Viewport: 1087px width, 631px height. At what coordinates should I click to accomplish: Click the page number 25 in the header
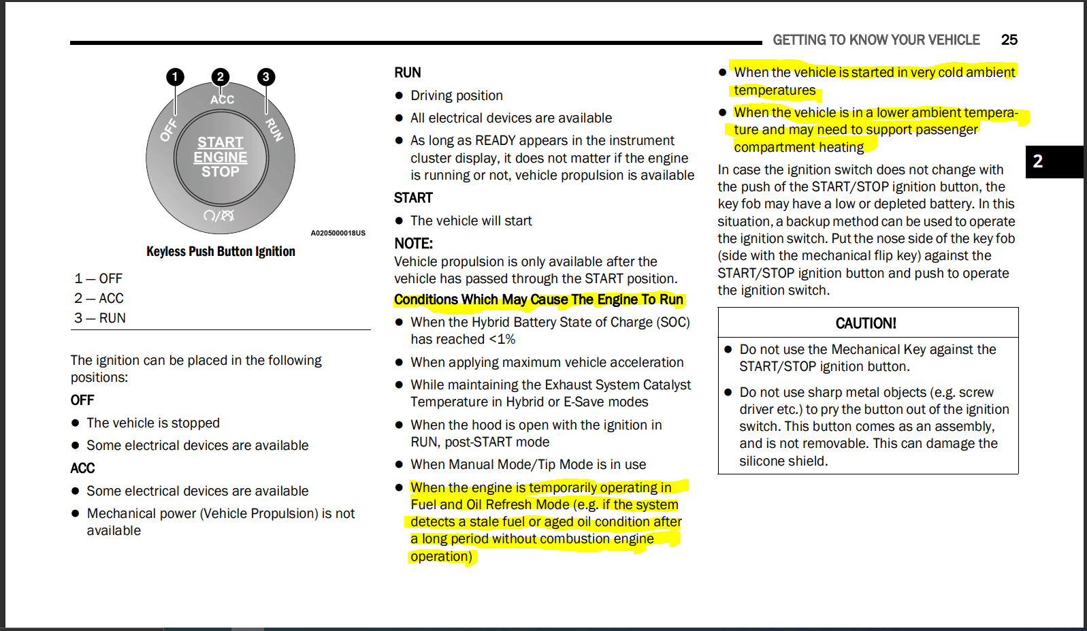point(1009,39)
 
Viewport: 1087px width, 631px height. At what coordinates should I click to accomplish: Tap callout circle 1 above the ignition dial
point(175,77)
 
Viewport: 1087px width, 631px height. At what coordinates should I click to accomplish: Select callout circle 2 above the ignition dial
point(221,77)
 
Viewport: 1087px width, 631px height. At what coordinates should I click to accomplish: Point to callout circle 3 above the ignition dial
point(266,77)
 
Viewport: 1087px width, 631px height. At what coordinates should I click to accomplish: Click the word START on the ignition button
point(221,142)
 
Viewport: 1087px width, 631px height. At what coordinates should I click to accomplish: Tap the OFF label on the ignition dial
point(169,130)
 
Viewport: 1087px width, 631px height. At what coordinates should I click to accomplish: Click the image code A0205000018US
point(338,233)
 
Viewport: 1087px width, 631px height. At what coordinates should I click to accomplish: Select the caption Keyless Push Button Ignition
point(221,251)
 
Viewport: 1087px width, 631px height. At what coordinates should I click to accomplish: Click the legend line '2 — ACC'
point(99,298)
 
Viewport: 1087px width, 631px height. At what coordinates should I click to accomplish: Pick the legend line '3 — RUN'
point(100,318)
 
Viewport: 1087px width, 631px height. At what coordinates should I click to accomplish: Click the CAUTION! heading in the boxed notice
point(866,323)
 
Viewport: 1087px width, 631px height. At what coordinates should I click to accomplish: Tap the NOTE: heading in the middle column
point(413,243)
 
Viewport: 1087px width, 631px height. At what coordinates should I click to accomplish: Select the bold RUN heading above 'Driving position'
point(408,72)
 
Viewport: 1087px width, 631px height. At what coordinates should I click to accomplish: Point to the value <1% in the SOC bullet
point(502,339)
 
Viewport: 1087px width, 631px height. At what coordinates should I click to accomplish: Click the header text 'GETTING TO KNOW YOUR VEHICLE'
point(877,39)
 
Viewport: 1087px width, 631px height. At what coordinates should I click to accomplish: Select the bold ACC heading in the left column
point(82,468)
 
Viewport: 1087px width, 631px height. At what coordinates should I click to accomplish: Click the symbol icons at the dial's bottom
point(219,216)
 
